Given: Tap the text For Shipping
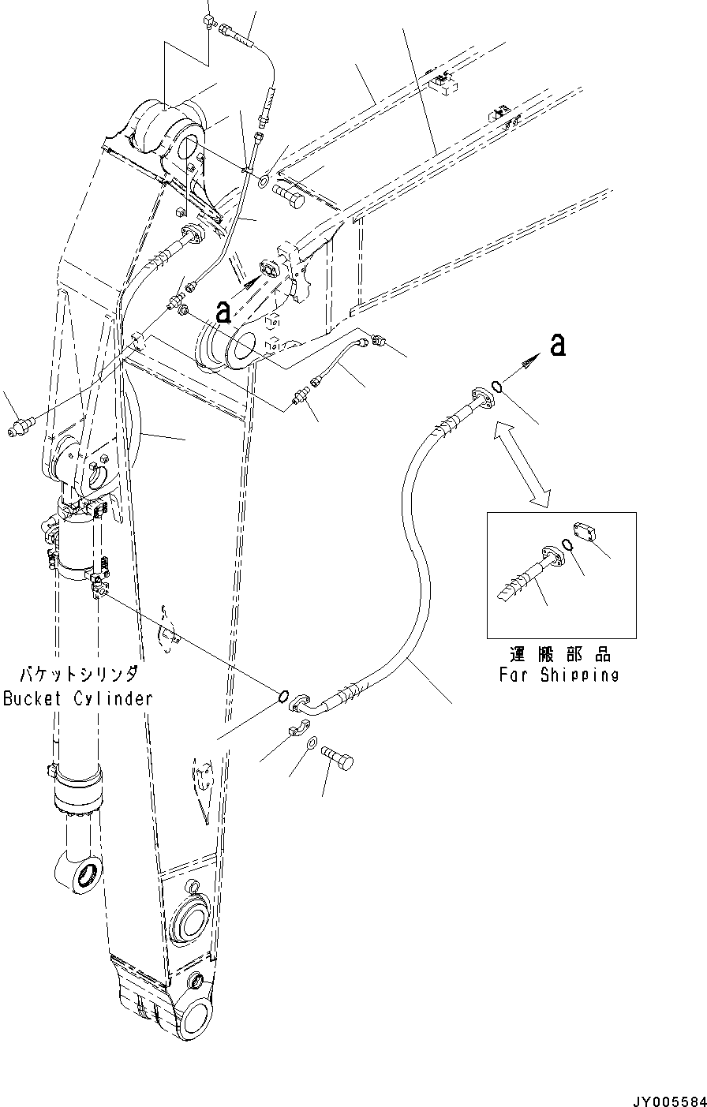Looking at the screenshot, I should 559,675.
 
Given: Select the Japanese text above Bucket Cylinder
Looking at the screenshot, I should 79,675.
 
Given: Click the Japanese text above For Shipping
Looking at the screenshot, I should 559,655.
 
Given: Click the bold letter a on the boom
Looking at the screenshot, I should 223,312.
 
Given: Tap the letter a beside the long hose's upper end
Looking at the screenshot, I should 558,345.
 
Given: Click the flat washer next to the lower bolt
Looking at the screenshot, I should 312,743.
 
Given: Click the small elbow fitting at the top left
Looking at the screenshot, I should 209,21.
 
